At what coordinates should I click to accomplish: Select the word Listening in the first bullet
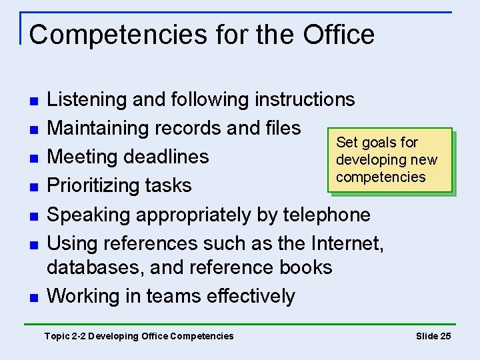coord(88,99)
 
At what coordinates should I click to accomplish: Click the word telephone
coord(327,215)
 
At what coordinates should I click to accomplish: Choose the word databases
coord(95,267)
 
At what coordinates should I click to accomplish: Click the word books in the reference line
coord(306,267)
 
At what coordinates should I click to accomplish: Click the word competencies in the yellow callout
coord(381,177)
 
